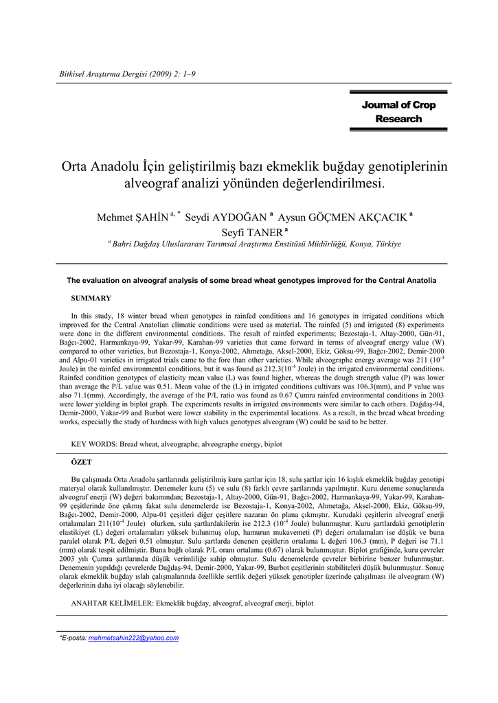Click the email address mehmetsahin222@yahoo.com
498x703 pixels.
coord(133,638)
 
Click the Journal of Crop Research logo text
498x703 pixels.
coord(398,112)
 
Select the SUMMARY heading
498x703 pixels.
coord(91,298)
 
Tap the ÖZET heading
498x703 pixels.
coord(82,463)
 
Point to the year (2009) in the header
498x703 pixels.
coord(173,73)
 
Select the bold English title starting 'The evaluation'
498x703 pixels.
coord(251,280)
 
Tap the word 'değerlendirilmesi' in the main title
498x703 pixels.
coord(327,184)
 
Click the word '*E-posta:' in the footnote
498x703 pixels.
coord(73,638)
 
